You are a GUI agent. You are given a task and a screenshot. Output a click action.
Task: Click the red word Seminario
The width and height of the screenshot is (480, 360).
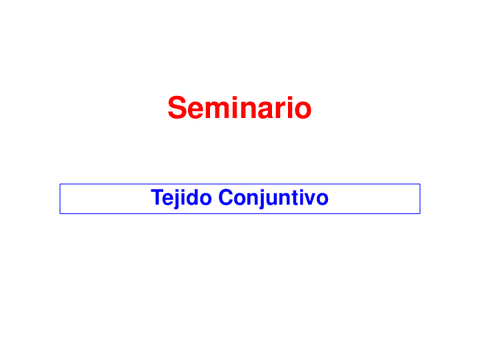(x=240, y=107)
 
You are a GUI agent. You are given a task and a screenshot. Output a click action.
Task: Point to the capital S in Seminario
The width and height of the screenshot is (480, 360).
(x=177, y=107)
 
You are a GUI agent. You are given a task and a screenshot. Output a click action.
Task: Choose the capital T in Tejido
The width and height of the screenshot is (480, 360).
(x=156, y=198)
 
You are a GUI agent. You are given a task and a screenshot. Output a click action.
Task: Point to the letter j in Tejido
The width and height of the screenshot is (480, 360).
(x=176, y=199)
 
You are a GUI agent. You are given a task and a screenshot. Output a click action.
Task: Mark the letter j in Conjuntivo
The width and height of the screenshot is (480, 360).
(x=259, y=199)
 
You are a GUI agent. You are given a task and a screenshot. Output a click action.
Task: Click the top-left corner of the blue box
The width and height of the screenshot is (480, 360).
(x=60, y=184)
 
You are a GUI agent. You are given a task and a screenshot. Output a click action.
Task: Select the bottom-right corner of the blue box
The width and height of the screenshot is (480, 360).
(x=419, y=213)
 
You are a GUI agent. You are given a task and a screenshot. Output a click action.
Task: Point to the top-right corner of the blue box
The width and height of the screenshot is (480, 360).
(x=419, y=184)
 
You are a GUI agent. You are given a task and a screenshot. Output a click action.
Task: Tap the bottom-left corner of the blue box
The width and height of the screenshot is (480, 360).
(x=60, y=213)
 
